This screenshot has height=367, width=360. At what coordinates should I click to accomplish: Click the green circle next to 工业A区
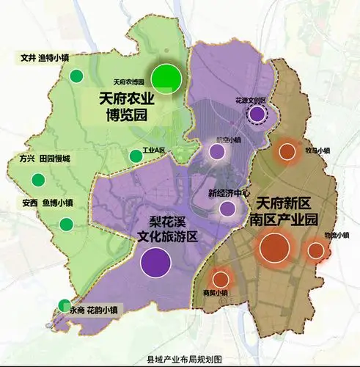[x=135, y=156]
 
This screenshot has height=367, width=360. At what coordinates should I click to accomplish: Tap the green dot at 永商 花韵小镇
[x=65, y=305]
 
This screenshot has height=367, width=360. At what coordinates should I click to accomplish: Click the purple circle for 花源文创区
[x=257, y=114]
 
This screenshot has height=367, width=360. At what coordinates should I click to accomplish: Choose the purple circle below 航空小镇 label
[x=217, y=153]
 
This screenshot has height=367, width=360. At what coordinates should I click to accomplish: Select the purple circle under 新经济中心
[x=227, y=208]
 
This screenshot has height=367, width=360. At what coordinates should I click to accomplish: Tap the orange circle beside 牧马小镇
[x=287, y=152]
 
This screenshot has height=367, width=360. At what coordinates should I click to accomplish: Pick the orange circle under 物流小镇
[x=316, y=251]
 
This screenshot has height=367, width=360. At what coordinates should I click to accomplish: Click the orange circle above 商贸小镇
[x=220, y=278]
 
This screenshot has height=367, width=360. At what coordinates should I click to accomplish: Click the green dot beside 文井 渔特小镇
[x=75, y=76]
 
